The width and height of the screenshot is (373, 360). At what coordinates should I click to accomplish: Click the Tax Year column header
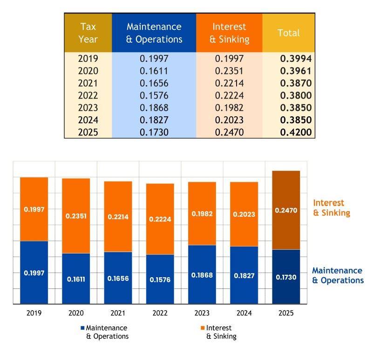(88, 33)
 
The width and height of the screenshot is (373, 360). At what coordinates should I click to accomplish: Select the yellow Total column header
(288, 33)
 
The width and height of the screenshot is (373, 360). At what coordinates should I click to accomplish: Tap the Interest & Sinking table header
(229, 33)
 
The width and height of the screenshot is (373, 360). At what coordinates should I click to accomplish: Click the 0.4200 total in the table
(295, 132)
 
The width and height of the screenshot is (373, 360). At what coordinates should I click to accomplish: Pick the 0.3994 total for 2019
(295, 59)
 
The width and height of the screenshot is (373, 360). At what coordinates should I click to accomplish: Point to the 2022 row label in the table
(88, 95)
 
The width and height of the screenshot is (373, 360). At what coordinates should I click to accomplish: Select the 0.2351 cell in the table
(229, 71)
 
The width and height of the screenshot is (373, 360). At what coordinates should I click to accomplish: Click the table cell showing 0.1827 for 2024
(154, 120)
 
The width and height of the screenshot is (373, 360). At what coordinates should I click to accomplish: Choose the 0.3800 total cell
(295, 95)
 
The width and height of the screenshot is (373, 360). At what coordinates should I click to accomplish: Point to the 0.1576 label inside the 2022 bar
(160, 280)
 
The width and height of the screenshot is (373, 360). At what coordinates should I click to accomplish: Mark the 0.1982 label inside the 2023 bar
(202, 213)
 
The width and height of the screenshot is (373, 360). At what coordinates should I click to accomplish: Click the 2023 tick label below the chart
(202, 313)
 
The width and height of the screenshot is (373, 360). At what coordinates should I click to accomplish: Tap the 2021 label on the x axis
(118, 313)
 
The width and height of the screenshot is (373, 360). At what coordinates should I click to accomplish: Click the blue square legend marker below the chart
(82, 328)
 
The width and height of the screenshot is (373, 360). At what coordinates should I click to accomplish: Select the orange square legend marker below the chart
(203, 328)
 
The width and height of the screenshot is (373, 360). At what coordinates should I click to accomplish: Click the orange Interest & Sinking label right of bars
(331, 208)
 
